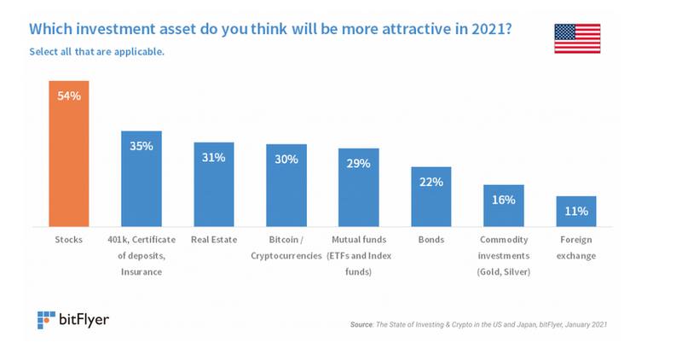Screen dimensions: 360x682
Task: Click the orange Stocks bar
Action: [68, 154]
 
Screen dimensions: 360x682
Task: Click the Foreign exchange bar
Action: [576, 212]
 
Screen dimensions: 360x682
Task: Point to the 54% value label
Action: [68, 96]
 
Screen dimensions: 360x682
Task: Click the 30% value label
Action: [286, 159]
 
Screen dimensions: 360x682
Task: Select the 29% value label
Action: [358, 163]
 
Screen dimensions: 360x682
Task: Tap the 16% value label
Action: [503, 200]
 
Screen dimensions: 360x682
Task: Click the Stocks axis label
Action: [68, 240]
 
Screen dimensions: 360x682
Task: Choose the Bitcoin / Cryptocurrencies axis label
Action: [286, 247]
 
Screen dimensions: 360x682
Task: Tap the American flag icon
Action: [577, 39]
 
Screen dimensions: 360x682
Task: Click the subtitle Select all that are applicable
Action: [96, 51]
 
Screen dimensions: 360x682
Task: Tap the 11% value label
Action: [576, 211]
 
